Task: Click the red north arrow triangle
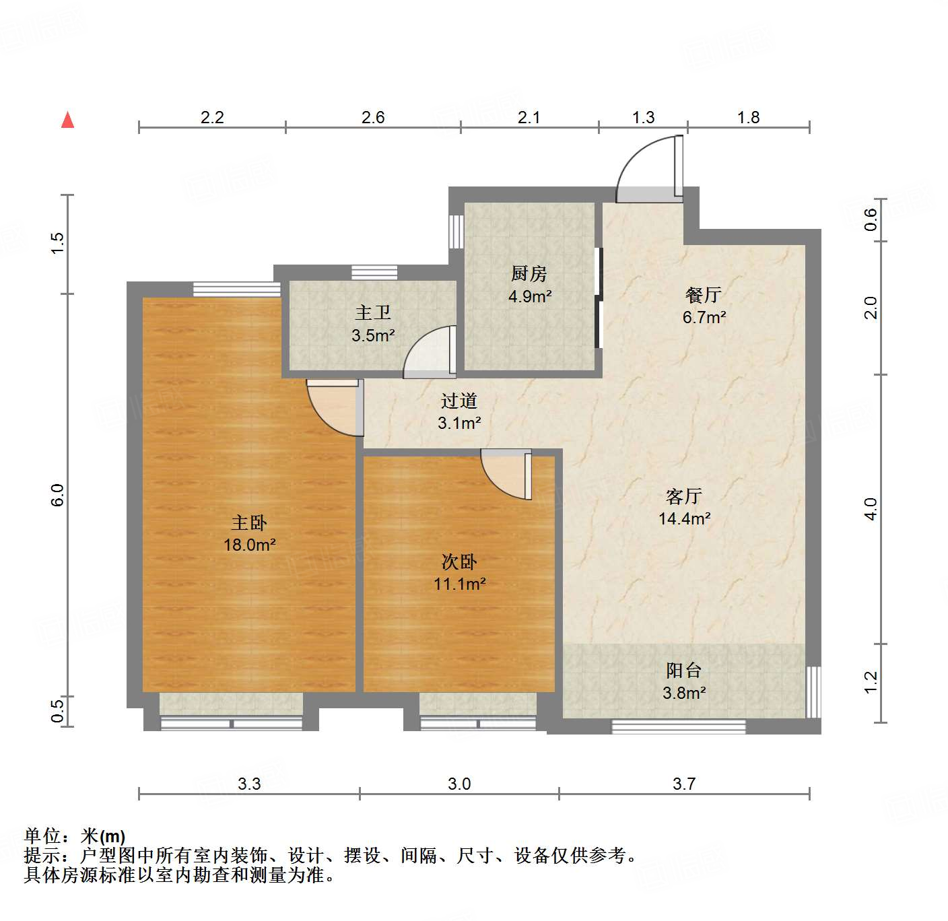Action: click(67, 120)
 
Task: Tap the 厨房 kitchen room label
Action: click(529, 274)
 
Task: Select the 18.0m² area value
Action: click(250, 545)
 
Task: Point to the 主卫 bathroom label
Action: click(372, 313)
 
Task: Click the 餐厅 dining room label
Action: click(704, 295)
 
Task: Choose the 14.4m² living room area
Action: click(685, 518)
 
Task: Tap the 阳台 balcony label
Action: click(684, 671)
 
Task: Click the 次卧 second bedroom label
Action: click(459, 561)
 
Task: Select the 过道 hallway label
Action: click(459, 401)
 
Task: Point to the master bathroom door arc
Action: click(430, 350)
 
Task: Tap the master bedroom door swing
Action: click(332, 409)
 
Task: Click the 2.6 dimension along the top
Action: click(373, 118)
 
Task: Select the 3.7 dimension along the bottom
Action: click(684, 784)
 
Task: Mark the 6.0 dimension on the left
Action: click(57, 495)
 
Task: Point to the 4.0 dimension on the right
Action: click(871, 508)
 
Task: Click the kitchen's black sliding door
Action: click(598, 298)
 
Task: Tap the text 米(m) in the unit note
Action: click(103, 836)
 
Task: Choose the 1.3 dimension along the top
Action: click(643, 118)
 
